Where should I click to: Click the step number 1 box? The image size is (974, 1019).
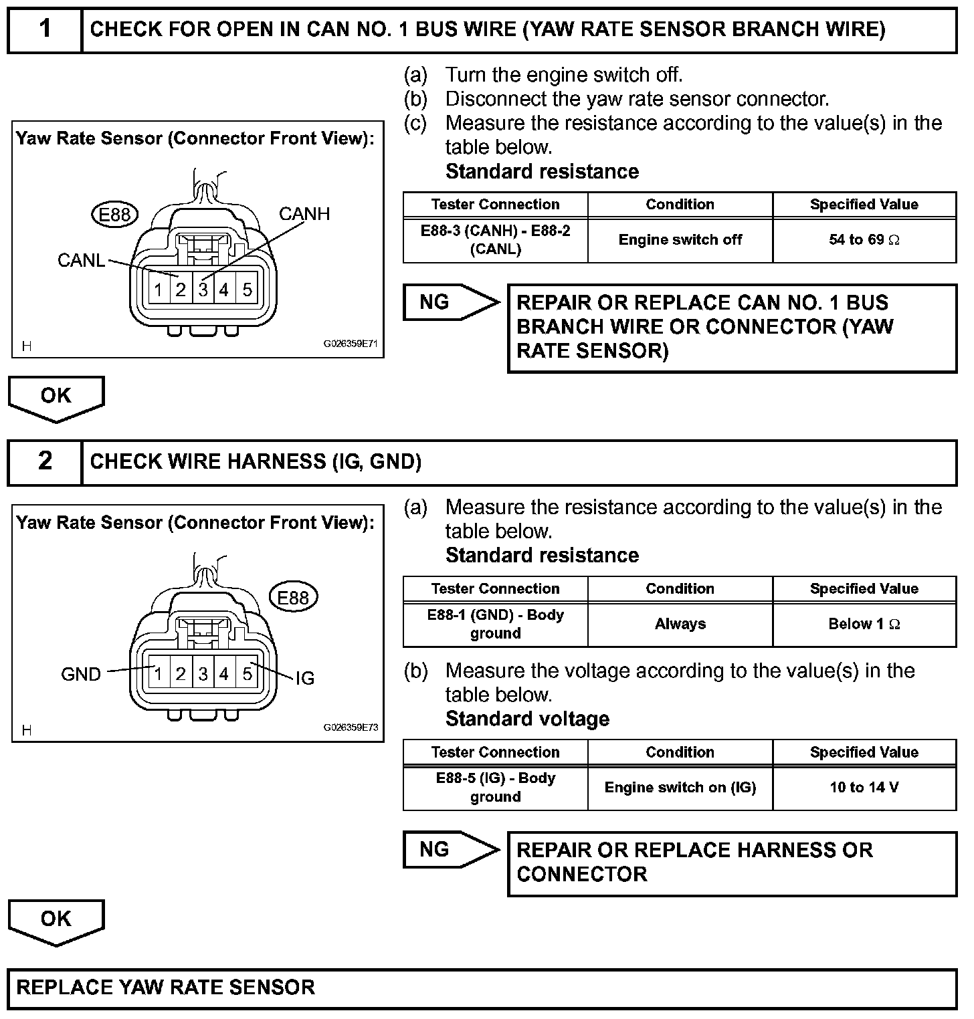click(x=45, y=29)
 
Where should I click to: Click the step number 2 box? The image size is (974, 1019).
click(x=45, y=461)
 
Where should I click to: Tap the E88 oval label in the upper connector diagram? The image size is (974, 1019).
click(x=114, y=215)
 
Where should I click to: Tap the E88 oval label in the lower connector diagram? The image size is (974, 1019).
click(x=293, y=597)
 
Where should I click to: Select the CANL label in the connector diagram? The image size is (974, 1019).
click(x=82, y=260)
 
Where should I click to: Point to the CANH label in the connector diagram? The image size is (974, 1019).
click(x=304, y=214)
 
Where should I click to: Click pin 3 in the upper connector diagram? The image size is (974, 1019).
click(x=203, y=290)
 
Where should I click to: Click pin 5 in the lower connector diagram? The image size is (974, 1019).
click(x=248, y=674)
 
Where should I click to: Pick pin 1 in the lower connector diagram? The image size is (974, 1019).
click(x=159, y=674)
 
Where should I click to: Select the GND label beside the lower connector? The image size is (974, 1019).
click(x=81, y=675)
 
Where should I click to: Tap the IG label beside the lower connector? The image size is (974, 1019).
click(x=305, y=679)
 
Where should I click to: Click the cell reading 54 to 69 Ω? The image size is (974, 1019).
click(x=864, y=240)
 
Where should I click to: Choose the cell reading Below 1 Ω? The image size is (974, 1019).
click(x=864, y=625)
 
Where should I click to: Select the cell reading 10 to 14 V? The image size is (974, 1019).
click(x=864, y=788)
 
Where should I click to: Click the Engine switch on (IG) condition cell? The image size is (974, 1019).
click(x=680, y=788)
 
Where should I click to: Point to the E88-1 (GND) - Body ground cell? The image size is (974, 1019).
click(x=496, y=625)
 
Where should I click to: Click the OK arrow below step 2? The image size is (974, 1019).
click(x=56, y=922)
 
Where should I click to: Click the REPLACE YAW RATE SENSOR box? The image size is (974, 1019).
click(x=482, y=988)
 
